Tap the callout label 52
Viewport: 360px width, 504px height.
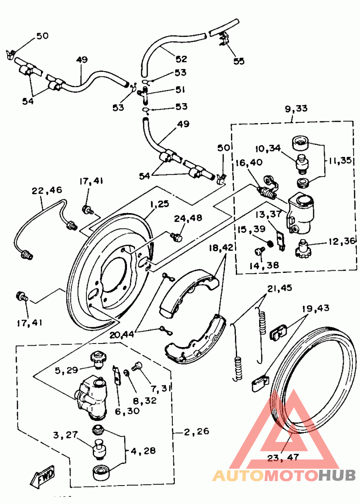[x=181, y=59]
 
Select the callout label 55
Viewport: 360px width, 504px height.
[x=239, y=61]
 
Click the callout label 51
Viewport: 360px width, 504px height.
[x=180, y=89]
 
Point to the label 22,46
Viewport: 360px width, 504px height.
[x=47, y=191]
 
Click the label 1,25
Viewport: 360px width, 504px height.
[x=159, y=204]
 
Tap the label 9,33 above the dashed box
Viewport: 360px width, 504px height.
[x=296, y=109]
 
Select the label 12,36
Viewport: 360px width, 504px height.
[x=342, y=241]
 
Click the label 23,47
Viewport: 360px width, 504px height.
[x=283, y=457]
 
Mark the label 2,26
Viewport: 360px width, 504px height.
[x=197, y=431]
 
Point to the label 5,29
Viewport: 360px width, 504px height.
[x=66, y=370]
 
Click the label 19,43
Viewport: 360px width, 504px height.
[x=315, y=308]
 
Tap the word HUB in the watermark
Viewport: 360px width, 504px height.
[x=337, y=475]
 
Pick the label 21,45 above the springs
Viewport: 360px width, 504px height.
[x=279, y=288]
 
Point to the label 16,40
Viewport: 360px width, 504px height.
[x=249, y=162]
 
